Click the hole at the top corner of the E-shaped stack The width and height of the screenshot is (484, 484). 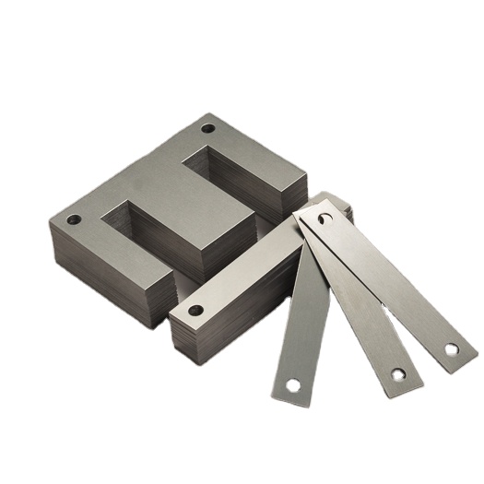[208, 128]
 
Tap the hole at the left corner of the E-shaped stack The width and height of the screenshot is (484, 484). [74, 220]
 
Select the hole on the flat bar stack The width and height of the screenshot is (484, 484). [195, 310]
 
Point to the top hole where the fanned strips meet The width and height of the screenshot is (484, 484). [324, 219]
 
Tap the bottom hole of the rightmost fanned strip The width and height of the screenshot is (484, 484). [451, 349]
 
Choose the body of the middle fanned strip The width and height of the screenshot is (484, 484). [360, 304]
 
